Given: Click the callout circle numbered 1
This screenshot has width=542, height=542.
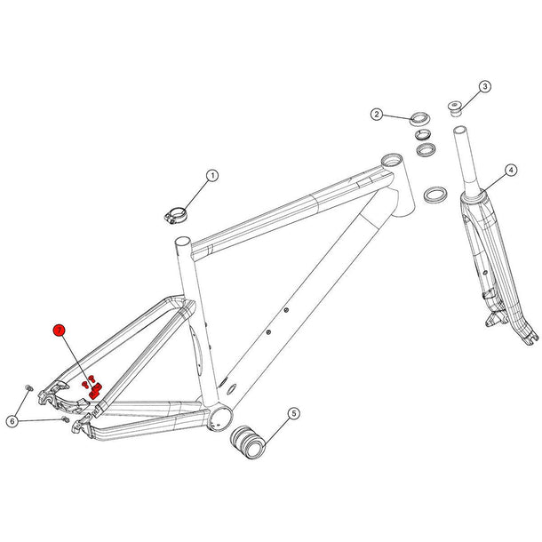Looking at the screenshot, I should [x=212, y=176].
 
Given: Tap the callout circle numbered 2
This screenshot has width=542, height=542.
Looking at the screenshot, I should [x=377, y=115].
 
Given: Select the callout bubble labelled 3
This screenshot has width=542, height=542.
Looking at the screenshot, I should [x=484, y=86].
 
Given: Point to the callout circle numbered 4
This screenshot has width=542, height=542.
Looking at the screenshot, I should [x=510, y=169].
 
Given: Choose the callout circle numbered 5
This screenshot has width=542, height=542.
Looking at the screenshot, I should [x=294, y=413].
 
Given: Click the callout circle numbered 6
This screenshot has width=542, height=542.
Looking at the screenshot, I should [x=12, y=419].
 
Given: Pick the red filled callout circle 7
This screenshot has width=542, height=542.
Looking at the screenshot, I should [x=59, y=330].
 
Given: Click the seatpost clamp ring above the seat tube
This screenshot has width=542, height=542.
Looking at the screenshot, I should [x=175, y=214].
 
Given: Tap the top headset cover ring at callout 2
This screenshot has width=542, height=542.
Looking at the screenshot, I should [x=420, y=117].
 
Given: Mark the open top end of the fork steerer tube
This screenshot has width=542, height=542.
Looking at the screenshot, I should [x=459, y=130].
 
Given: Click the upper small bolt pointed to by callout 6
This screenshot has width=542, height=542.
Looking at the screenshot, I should [x=29, y=388].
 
